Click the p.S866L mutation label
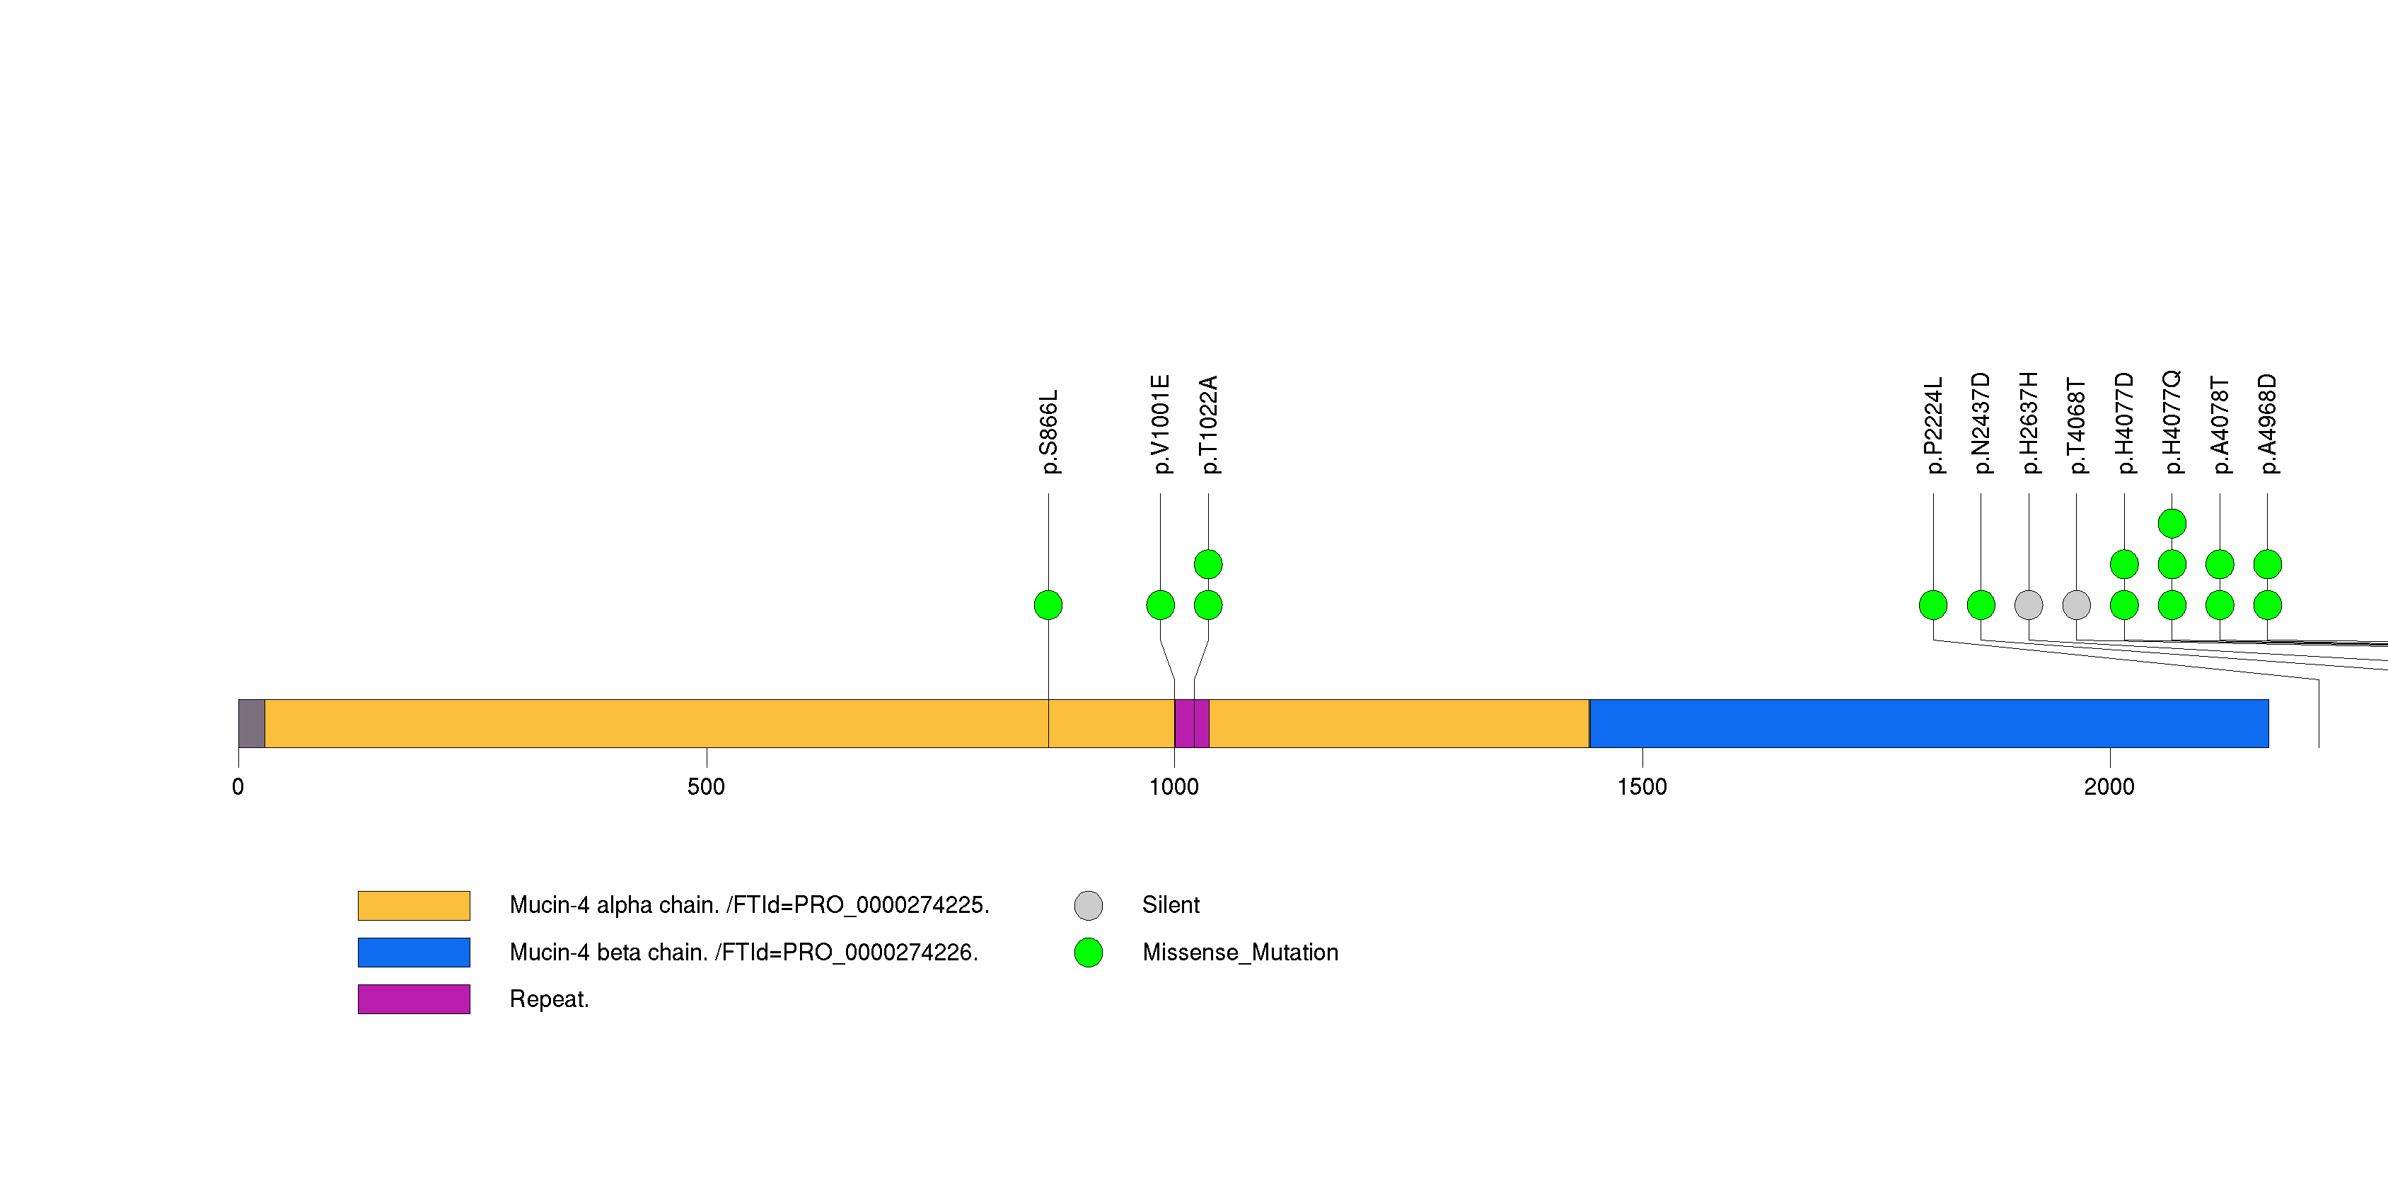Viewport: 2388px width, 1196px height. pyautogui.click(x=1048, y=432)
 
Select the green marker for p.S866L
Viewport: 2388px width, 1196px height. pyautogui.click(x=1048, y=605)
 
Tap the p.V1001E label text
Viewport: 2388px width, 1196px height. pyautogui.click(x=1161, y=425)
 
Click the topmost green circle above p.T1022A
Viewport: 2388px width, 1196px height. pyautogui.click(x=1208, y=564)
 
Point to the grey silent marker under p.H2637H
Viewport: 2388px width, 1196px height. pyautogui.click(x=2029, y=605)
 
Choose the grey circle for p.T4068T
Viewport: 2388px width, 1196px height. pyautogui.click(x=2077, y=605)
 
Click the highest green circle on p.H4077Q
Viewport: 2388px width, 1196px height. pyautogui.click(x=2172, y=524)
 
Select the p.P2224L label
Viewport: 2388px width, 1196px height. pyautogui.click(x=1933, y=425)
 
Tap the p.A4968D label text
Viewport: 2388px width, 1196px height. pyautogui.click(x=2268, y=424)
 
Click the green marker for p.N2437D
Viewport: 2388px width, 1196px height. pyautogui.click(x=1981, y=605)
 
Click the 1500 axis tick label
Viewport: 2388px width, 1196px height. pyautogui.click(x=1641, y=787)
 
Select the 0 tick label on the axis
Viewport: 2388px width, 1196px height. pyautogui.click(x=238, y=787)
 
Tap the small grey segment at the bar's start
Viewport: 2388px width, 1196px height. pyautogui.click(x=251, y=723)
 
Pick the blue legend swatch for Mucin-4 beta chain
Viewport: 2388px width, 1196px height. pyautogui.click(x=414, y=952)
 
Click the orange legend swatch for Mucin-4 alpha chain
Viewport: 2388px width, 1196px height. pyautogui.click(x=414, y=905)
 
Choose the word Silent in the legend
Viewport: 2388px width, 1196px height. pyautogui.click(x=1170, y=905)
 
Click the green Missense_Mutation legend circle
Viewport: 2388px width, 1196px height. pyautogui.click(x=1089, y=952)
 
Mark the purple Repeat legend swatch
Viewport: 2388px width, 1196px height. pyautogui.click(x=414, y=999)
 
